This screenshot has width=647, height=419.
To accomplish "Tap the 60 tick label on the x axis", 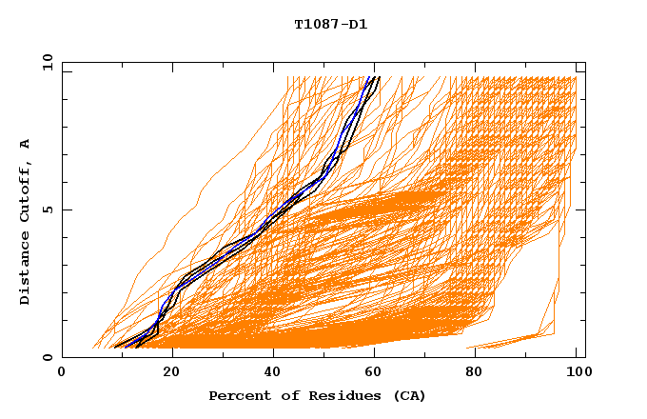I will point(378,372).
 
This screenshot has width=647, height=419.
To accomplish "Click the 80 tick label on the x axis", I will point(480,372).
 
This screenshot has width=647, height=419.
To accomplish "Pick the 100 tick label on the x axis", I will point(576,372).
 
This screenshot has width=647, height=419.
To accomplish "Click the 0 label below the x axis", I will point(63,372).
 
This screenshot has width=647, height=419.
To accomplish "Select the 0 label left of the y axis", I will point(47,357).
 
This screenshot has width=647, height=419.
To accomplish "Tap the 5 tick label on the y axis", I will point(47,209).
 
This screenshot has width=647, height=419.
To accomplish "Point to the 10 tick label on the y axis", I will point(47,62).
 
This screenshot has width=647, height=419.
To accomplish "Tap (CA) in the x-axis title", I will point(408,395).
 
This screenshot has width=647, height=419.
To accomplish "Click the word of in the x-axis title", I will point(279,395).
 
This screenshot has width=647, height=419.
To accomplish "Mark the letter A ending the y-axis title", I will point(25,144).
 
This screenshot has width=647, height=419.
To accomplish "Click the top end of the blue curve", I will point(374,77).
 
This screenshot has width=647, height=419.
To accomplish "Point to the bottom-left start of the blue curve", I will point(119,347).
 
